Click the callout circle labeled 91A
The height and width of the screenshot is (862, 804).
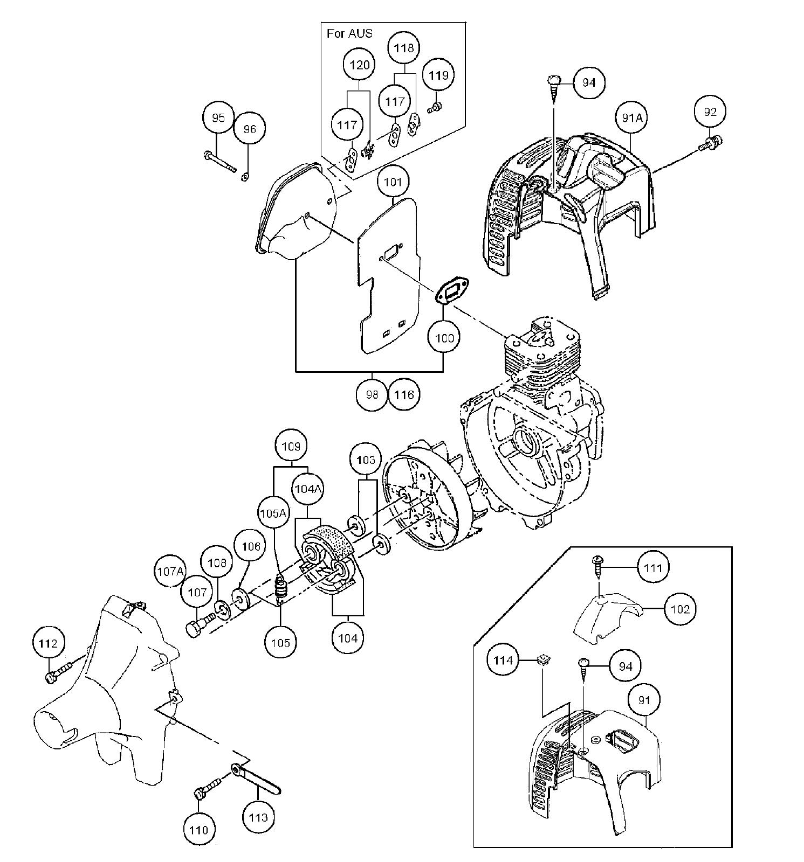633,117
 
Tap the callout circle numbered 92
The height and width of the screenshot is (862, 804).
710,112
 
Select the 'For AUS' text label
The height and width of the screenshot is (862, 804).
349,33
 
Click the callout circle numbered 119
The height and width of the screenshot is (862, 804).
438,75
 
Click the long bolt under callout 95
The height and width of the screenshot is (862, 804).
220,162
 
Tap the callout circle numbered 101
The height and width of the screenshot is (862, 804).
393,182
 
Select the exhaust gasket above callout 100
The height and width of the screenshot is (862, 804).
452,291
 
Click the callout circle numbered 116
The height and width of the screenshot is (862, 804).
404,395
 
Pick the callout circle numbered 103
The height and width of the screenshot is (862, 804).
366,460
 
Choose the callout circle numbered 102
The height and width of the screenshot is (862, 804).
680,609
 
